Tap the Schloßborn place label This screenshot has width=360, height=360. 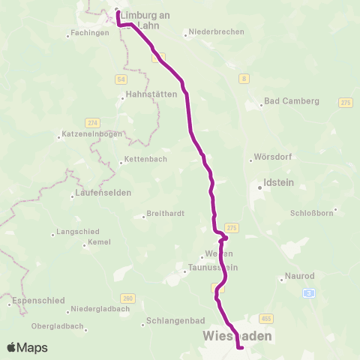pos(311,212)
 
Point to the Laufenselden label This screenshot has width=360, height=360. pos(103,193)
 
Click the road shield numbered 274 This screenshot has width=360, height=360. pos(92,122)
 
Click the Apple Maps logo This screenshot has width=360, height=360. pos(27,347)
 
